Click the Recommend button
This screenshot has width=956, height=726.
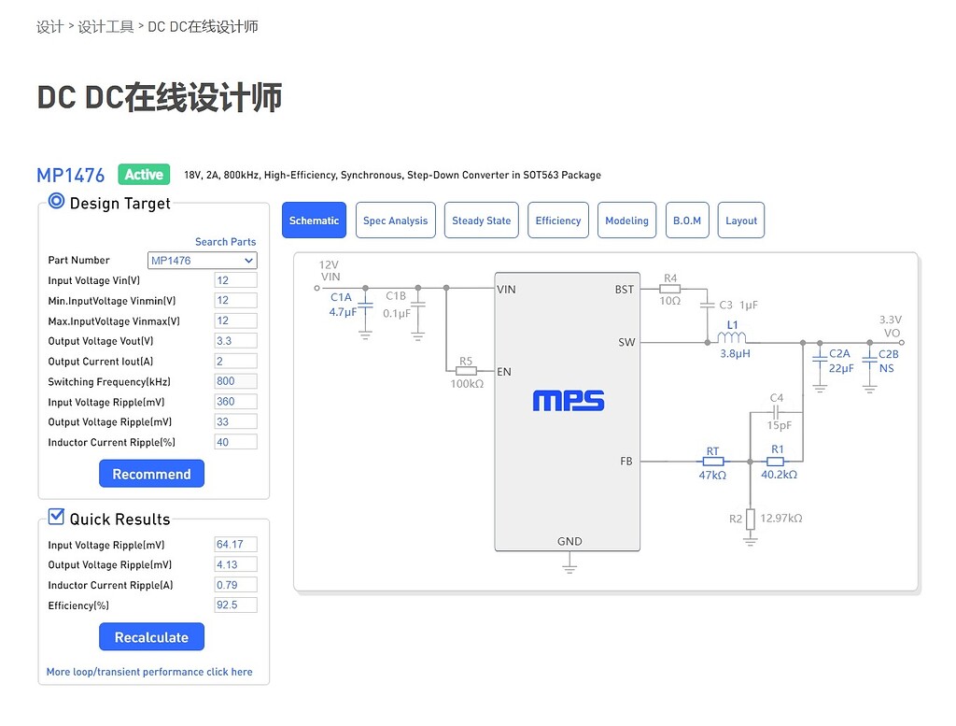pyautogui.click(x=151, y=474)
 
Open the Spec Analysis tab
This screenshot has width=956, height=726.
pyautogui.click(x=395, y=221)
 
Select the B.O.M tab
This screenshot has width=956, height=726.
pyautogui.click(x=686, y=221)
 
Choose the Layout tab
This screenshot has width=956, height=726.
pyautogui.click(x=741, y=221)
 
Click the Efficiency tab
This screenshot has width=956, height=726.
pyautogui.click(x=557, y=221)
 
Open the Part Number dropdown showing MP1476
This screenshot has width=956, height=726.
pyautogui.click(x=202, y=261)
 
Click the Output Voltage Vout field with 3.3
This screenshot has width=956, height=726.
pyautogui.click(x=235, y=341)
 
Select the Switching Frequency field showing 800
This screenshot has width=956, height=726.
pyautogui.click(x=235, y=381)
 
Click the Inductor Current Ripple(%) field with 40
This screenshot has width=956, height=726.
pyautogui.click(x=235, y=442)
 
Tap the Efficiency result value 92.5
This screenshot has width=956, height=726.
pyautogui.click(x=235, y=605)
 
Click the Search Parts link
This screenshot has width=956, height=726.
pyautogui.click(x=225, y=242)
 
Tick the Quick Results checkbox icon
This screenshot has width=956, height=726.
pyautogui.click(x=56, y=517)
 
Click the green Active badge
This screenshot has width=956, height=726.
pyautogui.click(x=144, y=175)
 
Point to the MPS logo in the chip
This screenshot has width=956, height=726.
pyautogui.click(x=569, y=402)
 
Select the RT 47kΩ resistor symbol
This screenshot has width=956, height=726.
pyautogui.click(x=712, y=462)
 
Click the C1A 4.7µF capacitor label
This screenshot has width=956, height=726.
pyautogui.click(x=342, y=305)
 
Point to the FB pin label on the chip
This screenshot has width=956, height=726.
pyautogui.click(x=626, y=462)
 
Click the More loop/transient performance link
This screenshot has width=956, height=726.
pyautogui.click(x=149, y=672)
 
